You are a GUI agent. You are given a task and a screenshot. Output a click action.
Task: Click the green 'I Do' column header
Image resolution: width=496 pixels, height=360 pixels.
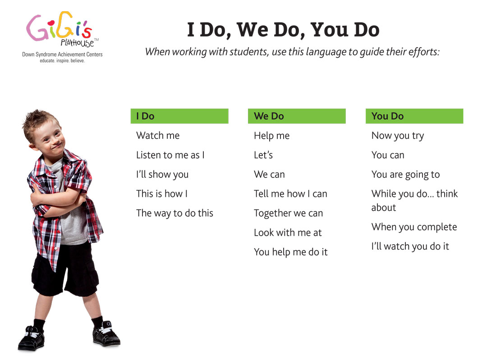(179, 116)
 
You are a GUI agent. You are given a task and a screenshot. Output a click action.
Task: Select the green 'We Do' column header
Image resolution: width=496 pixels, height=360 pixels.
(297, 116)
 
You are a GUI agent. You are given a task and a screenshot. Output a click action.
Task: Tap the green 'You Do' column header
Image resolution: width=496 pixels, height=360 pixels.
(414, 116)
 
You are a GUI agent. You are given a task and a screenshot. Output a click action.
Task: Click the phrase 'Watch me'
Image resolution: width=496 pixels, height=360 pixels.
(158, 136)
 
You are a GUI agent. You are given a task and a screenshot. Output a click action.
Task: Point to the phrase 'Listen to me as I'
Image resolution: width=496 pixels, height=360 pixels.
(170, 155)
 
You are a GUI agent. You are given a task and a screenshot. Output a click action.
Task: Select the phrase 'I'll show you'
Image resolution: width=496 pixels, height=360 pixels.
(162, 174)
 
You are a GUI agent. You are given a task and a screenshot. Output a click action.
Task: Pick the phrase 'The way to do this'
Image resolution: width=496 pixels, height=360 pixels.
(175, 214)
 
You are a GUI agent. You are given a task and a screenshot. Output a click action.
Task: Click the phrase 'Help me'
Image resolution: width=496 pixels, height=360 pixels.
(272, 136)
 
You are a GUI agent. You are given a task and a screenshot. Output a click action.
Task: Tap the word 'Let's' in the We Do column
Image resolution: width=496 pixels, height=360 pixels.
(263, 155)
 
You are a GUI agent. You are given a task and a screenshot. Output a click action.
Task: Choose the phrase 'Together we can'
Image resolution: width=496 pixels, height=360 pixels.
(289, 214)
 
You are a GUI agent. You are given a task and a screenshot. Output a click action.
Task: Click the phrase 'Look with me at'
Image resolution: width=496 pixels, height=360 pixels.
(288, 232)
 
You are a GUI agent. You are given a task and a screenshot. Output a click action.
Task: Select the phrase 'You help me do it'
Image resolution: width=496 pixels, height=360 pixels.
(291, 252)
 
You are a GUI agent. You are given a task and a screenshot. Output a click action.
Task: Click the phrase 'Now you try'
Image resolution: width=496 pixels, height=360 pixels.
(398, 136)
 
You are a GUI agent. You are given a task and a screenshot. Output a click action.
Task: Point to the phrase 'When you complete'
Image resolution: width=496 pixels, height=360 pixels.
(414, 227)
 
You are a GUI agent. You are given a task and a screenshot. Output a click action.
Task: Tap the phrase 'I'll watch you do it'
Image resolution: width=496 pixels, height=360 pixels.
(410, 246)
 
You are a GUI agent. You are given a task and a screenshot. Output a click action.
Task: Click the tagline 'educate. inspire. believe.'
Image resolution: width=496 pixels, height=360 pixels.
(62, 61)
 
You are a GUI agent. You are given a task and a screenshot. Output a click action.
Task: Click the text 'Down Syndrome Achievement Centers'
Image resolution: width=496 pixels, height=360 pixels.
(62, 55)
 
